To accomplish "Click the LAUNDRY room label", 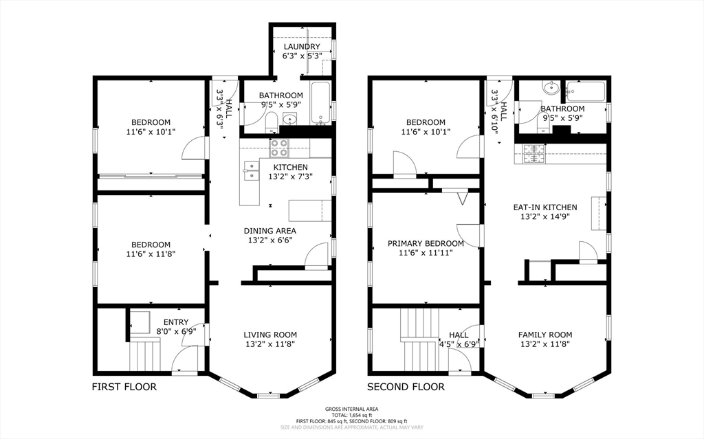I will [301, 47].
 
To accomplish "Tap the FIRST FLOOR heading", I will [124, 387].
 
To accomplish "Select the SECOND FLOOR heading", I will [405, 387].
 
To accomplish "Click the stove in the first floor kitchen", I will [280, 146].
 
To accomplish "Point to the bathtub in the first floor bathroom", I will [321, 103].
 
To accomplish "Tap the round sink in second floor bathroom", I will [549, 88].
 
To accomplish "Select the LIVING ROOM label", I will [270, 335].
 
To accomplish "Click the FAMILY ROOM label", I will [544, 335].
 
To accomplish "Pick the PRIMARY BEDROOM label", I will [426, 243].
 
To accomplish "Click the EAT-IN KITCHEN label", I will [544, 207].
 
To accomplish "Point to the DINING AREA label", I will [270, 231].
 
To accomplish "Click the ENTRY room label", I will [175, 322].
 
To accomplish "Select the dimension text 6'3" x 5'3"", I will [301, 56].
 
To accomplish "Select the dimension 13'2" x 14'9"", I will [544, 216].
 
